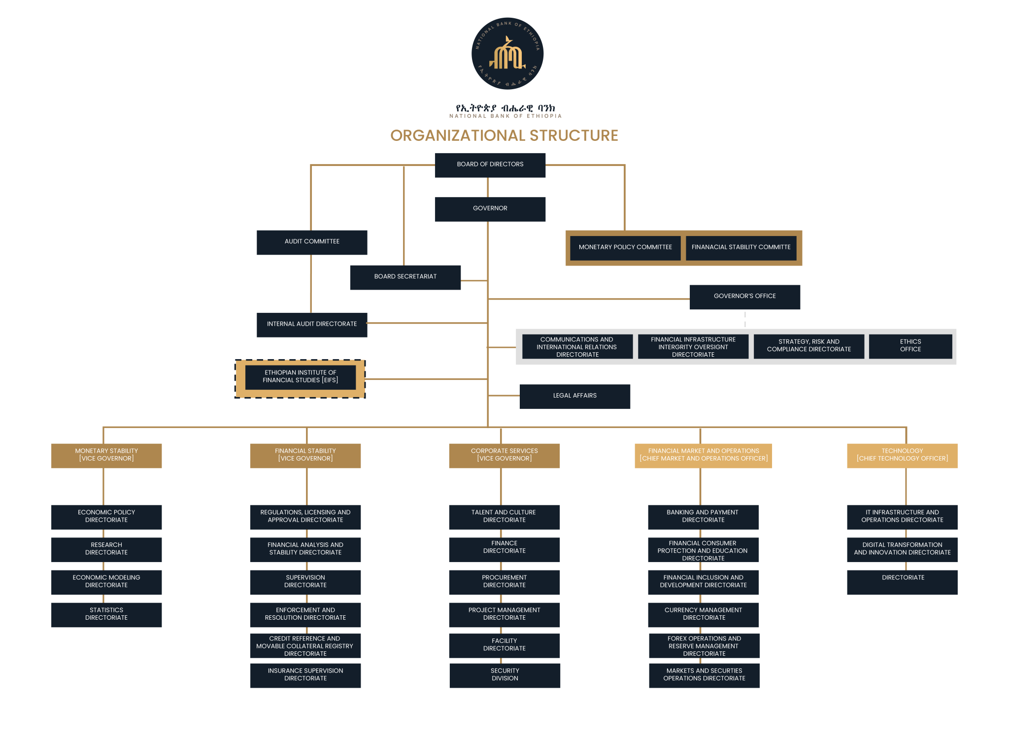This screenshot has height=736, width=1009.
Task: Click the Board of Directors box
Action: coord(490,165)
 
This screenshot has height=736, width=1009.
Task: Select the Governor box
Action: coord(490,209)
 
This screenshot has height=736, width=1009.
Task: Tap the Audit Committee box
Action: coord(312,242)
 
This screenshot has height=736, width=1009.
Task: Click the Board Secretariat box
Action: coord(405,277)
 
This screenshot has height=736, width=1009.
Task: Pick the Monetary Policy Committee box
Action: coord(625,248)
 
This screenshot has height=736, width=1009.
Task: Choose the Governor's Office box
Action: coord(744,297)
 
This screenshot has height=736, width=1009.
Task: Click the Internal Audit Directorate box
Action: coord(312,325)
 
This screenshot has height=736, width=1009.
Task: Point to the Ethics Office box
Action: coord(910,346)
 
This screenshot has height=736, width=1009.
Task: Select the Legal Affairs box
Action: coord(574,397)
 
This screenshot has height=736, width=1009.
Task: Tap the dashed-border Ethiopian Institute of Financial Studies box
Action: coord(300,378)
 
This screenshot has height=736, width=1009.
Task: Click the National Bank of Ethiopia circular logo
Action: coord(507,54)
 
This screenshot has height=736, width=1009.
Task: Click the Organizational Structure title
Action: coord(504,135)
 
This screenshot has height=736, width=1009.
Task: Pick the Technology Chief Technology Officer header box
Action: coord(902,456)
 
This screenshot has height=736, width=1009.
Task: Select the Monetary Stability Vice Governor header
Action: coord(106,456)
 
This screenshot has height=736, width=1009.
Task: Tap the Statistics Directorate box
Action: coord(106,615)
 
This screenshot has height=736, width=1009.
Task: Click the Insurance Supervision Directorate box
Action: coord(305,675)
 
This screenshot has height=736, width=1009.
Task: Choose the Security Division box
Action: coord(505,675)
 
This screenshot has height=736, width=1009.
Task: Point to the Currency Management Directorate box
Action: coord(704,615)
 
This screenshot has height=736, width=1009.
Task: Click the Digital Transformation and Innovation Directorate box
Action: coord(902,549)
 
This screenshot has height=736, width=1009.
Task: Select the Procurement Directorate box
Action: coord(504,582)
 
